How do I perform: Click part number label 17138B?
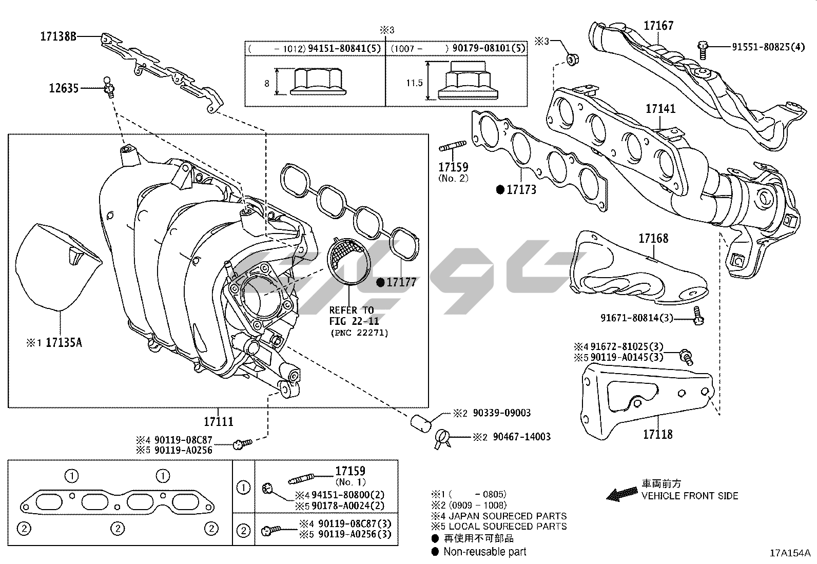59,36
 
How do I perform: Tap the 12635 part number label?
64,88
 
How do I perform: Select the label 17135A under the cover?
64,343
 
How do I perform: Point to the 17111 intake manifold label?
219,422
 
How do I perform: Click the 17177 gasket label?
401,282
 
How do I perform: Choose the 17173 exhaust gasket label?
521,190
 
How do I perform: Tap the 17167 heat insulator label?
659,26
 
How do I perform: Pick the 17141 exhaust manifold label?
660,109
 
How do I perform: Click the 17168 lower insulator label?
654,239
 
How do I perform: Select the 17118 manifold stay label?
658,435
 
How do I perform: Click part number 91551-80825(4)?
768,47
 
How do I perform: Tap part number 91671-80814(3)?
637,318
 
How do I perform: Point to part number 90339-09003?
502,413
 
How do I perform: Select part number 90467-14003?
522,437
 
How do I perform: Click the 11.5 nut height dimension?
414,83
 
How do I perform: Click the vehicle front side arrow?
623,495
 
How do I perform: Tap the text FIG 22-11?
354,321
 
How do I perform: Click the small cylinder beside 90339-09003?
421,423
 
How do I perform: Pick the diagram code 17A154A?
790,553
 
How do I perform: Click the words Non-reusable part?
485,552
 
